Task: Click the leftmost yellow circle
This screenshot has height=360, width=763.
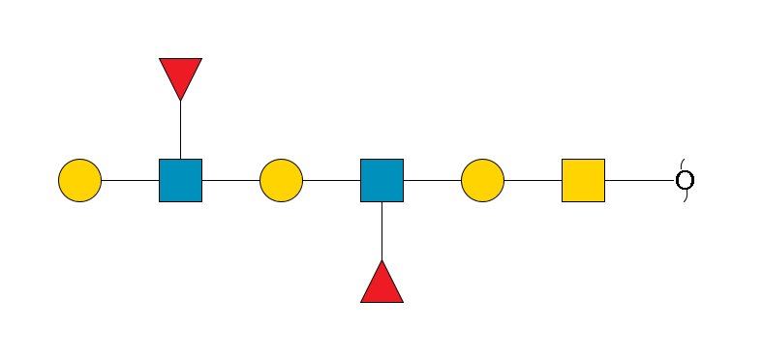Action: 80,181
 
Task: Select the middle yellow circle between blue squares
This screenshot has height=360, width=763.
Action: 282,181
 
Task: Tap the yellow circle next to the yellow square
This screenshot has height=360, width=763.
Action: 482,181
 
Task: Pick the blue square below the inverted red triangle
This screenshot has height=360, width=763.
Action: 181,181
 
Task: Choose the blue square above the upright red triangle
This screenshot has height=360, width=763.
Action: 381,181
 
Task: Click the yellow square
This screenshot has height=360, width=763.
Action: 583,181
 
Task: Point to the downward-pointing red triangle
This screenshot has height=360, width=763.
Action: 181,75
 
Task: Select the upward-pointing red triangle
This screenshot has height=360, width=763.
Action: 381,285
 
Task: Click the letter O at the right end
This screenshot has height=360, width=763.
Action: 685,181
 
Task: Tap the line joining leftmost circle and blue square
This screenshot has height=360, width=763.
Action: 131,181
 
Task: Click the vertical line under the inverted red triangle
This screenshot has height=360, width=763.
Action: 181,131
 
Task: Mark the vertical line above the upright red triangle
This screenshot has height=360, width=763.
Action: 381,231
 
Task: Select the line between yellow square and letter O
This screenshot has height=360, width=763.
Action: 639,181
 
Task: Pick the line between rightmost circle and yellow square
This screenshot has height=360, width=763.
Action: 533,181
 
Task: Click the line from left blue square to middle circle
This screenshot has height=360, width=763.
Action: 231,181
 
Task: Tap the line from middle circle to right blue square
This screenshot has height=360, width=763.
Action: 332,181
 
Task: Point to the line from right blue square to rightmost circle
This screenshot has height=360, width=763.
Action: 432,181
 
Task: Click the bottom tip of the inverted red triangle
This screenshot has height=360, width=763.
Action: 181,100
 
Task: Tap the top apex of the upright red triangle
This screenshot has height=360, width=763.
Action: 381,261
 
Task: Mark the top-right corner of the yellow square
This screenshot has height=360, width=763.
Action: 604,160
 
